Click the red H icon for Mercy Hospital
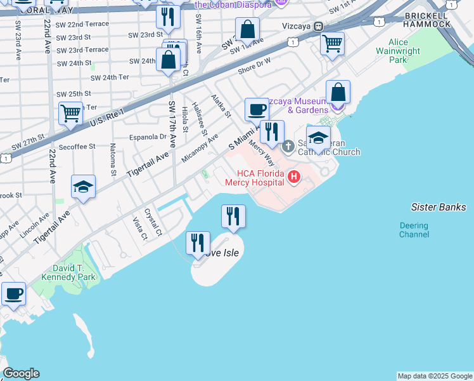294,176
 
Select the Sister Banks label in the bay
438,207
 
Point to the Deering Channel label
414,230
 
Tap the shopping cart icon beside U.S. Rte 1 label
70,114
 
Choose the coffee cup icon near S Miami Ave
257,109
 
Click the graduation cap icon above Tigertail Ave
83,186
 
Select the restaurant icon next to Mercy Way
272,132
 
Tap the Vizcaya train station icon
319,27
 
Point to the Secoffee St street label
74,146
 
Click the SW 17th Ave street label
172,124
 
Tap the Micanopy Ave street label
200,147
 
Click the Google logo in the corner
21,373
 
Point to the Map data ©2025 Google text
434,376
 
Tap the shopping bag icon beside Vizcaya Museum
339,93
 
